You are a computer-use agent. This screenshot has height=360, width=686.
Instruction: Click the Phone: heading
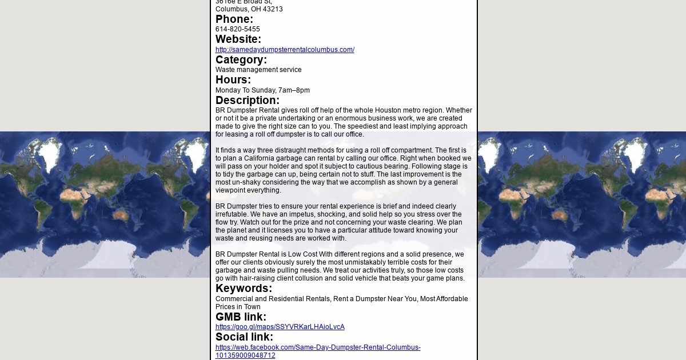tap(234, 19)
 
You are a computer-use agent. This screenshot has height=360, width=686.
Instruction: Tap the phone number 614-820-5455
tap(238, 29)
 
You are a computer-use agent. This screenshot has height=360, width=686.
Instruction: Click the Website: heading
tap(238, 39)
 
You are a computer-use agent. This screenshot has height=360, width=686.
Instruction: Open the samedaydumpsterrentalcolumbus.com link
tap(285, 50)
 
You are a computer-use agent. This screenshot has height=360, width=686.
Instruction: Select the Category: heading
tap(241, 60)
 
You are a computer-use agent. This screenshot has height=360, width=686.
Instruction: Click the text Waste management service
tap(258, 70)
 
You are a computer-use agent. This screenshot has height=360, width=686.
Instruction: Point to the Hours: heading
tap(233, 80)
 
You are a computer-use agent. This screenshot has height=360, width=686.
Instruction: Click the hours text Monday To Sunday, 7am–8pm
tap(262, 90)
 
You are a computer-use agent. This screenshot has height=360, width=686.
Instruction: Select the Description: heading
tap(248, 101)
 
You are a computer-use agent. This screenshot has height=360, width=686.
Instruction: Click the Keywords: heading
tap(244, 289)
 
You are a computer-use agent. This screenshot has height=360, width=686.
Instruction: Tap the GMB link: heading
tap(241, 317)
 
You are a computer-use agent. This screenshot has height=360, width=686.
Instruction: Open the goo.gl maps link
tap(280, 327)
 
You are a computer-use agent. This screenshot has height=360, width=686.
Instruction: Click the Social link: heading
tap(244, 337)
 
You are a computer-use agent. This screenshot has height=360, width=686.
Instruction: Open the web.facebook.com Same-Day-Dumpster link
tap(318, 347)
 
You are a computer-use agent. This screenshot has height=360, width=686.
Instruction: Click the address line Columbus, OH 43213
tap(249, 9)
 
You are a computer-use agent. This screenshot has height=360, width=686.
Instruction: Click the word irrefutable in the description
tap(232, 214)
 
